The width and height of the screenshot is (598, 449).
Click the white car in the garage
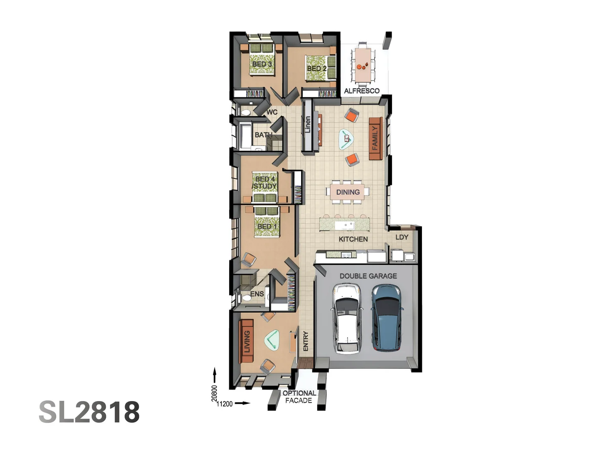(x=346, y=319)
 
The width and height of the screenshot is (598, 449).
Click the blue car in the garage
(x=387, y=318)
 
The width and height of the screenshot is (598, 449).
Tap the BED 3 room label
(x=262, y=64)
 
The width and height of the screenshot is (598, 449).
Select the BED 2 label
(x=316, y=68)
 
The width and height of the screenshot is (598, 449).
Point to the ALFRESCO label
(x=362, y=91)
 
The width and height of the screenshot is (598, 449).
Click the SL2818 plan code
(x=89, y=412)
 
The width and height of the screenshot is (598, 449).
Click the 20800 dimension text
(x=214, y=393)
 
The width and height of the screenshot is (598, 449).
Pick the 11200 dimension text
(x=225, y=404)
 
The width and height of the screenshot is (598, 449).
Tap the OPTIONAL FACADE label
(x=299, y=397)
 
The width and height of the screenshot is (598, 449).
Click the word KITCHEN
(x=353, y=239)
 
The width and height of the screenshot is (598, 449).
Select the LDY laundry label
(x=402, y=237)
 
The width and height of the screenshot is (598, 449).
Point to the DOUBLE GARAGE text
(x=368, y=276)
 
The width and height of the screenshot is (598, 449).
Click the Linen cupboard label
(x=308, y=125)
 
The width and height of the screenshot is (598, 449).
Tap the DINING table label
(x=348, y=192)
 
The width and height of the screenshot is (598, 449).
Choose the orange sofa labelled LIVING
(x=246, y=341)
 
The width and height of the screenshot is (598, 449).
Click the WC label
(x=272, y=112)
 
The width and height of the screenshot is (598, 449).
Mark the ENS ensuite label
(x=257, y=294)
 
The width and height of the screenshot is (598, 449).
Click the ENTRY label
(x=306, y=341)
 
